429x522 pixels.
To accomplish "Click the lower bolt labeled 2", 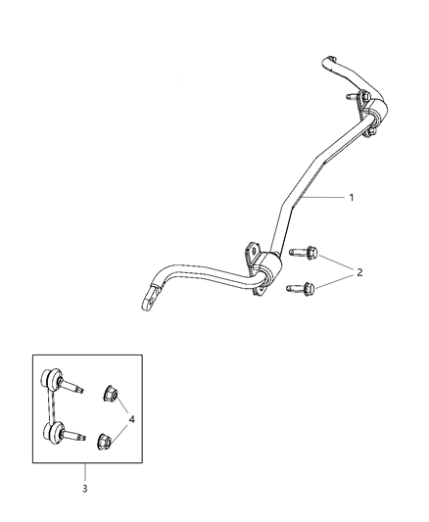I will pyautogui.click(x=306, y=288).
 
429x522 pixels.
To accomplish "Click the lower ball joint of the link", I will pyautogui.click(x=50, y=430).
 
